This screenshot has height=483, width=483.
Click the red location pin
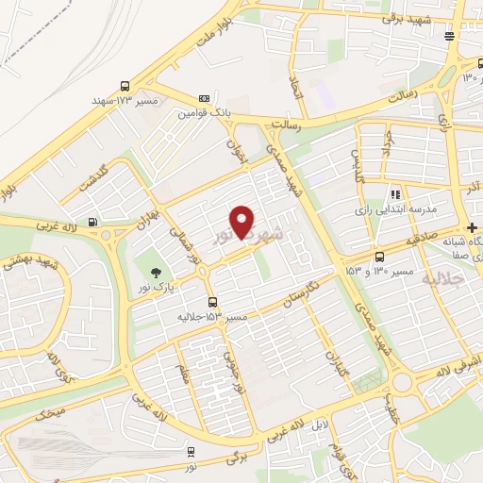click(x=243, y=222)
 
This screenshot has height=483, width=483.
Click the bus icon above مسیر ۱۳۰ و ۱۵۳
click(x=379, y=257)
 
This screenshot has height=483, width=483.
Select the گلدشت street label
click(x=95, y=175)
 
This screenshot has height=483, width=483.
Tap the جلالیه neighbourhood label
click(x=443, y=280)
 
